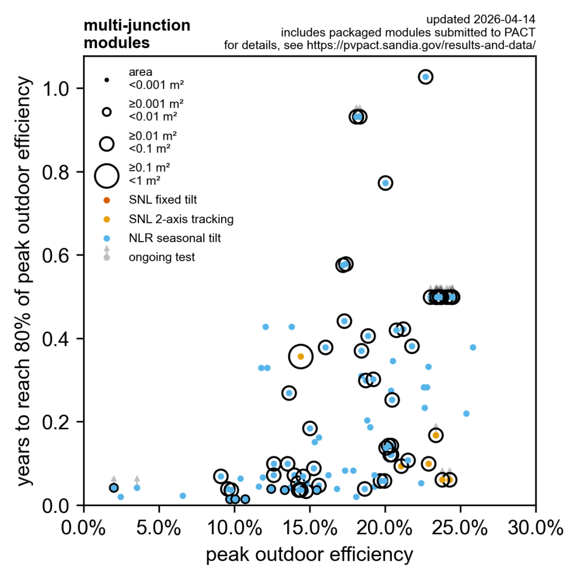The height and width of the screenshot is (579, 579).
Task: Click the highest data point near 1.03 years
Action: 426,77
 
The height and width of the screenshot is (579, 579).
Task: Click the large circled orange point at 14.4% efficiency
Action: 301,356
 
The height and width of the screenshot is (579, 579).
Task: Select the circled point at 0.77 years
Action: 386,183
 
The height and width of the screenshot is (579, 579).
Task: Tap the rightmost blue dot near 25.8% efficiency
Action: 473,347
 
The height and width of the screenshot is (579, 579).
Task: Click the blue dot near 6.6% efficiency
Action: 183,496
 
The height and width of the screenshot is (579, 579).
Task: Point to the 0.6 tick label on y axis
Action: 58,255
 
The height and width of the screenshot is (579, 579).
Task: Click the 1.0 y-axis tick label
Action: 58,89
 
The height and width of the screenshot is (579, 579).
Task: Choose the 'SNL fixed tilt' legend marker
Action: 106,200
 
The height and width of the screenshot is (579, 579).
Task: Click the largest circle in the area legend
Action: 106,175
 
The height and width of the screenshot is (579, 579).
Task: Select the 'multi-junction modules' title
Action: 137,34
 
